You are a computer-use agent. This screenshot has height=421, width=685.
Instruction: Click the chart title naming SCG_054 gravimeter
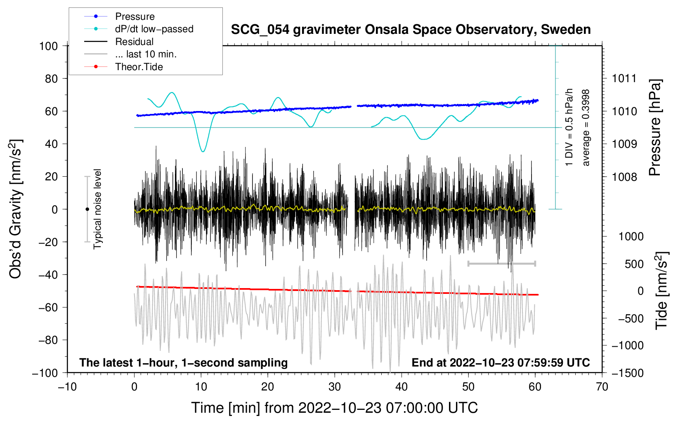[411, 30]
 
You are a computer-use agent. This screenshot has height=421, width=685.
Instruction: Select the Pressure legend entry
[135, 17]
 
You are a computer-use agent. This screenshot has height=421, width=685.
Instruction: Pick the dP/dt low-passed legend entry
[154, 29]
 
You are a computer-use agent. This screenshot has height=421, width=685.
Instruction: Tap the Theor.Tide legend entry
[139, 67]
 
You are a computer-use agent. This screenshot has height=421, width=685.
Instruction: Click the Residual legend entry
[134, 42]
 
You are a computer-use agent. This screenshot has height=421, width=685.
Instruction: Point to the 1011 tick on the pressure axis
[624, 78]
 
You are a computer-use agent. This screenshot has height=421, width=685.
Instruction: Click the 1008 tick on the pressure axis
[624, 177]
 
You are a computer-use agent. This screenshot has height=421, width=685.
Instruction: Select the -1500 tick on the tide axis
[628, 373]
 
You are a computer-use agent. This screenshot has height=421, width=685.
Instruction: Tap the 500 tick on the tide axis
[634, 264]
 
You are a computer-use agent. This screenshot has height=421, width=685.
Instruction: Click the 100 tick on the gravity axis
[48, 46]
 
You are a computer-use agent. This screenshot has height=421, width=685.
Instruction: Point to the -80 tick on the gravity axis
[48, 340]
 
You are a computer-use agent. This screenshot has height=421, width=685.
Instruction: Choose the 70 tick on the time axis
[602, 387]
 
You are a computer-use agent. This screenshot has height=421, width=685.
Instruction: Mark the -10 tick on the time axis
[67, 387]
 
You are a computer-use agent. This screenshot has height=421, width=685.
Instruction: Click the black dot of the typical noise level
[87, 209]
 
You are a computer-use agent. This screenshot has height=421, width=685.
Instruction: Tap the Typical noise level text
[97, 209]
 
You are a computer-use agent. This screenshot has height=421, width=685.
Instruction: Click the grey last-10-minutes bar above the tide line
[501, 263]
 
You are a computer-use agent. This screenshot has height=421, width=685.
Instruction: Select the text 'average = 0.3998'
[586, 128]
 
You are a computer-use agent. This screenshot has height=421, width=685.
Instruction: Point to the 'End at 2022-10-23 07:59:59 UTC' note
[501, 362]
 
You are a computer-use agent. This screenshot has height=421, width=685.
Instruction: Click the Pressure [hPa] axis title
[655, 128]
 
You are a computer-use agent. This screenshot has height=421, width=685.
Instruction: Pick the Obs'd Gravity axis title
[16, 209]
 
